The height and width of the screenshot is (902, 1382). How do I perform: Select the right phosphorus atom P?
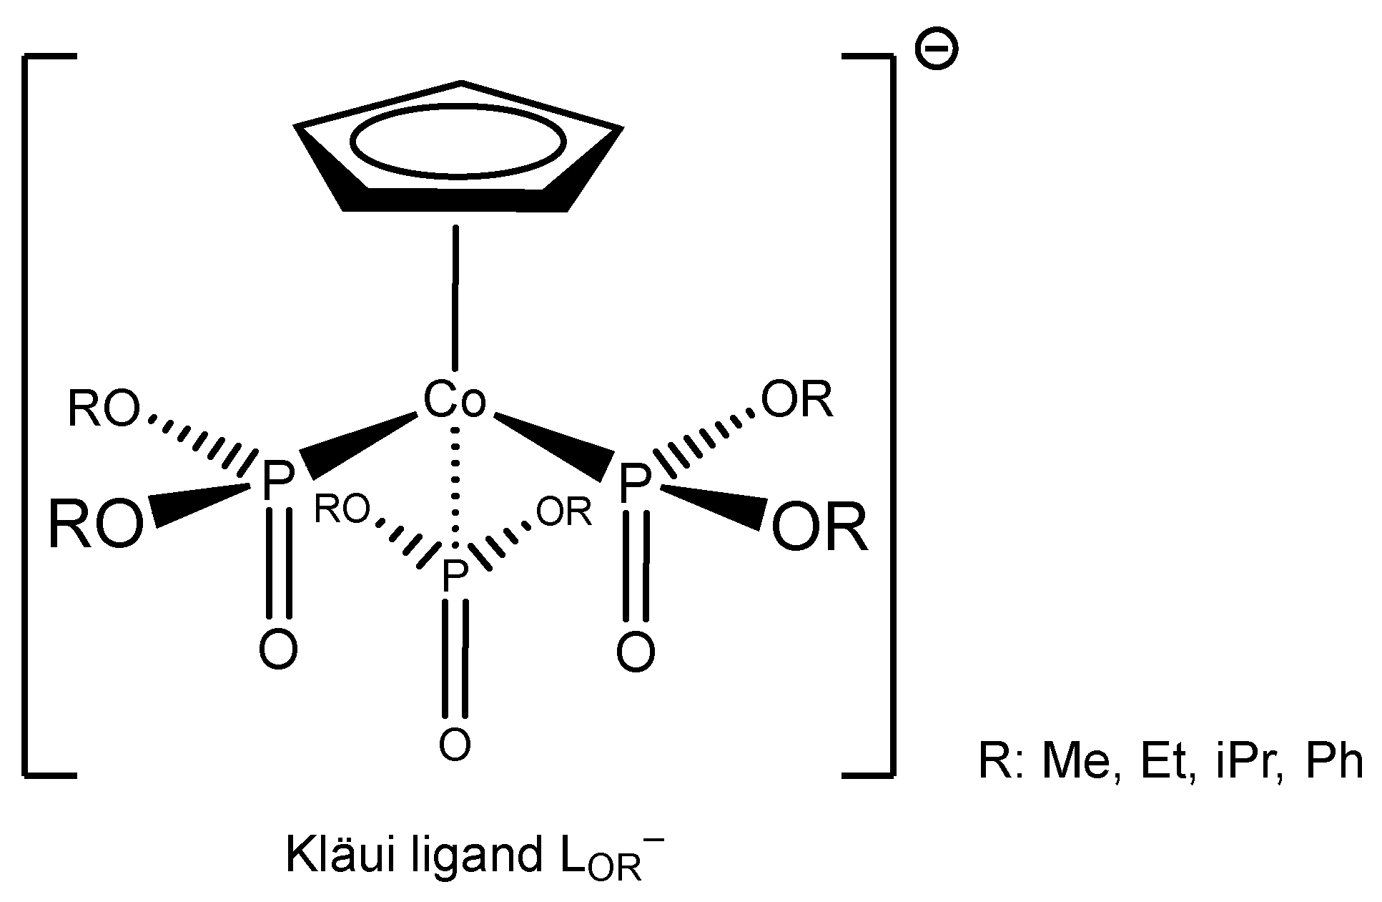pos(633,484)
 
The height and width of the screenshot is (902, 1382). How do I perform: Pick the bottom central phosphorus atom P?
pos(455,577)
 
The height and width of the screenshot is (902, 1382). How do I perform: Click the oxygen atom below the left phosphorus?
pos(278,649)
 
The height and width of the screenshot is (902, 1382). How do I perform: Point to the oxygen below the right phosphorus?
pos(635,652)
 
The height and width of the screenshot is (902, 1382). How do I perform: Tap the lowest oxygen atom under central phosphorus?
pos(455,744)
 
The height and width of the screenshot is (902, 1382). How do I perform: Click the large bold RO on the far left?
pos(96,524)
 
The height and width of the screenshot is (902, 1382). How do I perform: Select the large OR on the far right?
pos(820,528)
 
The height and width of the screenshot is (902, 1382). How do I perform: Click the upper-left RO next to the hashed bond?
pos(103,411)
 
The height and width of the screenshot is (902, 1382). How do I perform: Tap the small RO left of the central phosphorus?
pos(342,509)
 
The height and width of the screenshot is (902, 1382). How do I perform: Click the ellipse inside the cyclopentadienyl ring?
pos(457,141)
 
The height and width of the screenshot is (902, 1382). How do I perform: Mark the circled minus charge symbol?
pos(936,49)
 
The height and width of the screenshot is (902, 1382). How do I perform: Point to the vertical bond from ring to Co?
pos(454,296)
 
